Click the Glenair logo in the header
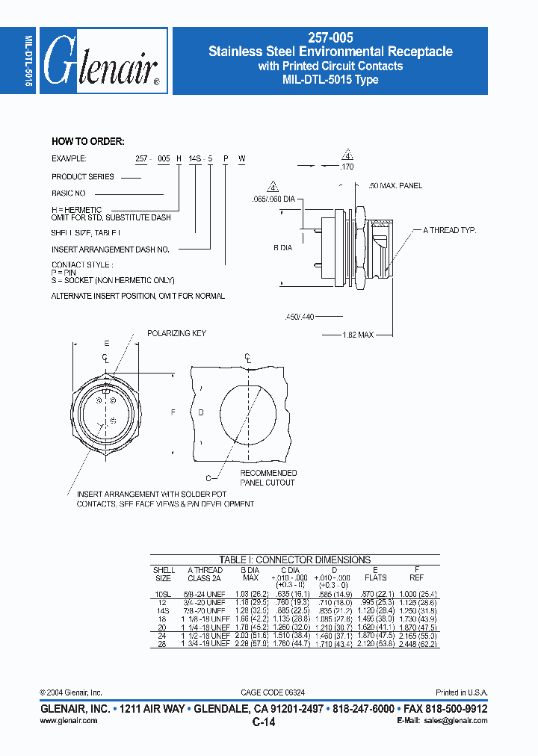click(102, 62)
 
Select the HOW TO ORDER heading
click(87, 141)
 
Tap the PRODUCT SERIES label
click(83, 177)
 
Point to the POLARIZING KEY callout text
click(176, 333)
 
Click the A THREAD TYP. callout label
click(450, 231)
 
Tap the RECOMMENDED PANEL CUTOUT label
click(268, 478)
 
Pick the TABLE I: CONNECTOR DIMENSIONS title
click(294, 560)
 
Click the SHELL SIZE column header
click(164, 574)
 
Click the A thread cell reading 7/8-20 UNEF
click(205, 610)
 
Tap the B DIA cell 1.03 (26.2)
click(250, 594)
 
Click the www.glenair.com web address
click(68, 721)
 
